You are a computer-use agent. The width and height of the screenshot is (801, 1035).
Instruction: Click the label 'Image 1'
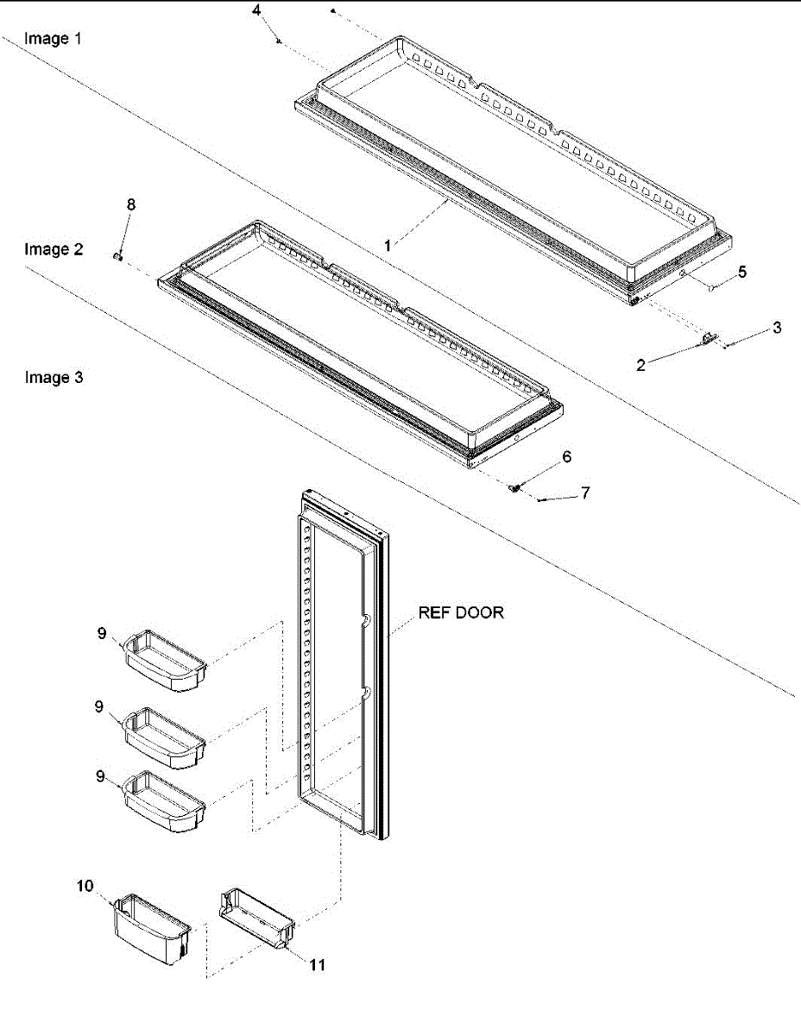tap(53, 39)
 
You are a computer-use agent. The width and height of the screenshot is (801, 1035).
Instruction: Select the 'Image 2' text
tap(54, 249)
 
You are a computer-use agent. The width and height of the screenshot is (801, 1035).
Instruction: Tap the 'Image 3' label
tap(54, 377)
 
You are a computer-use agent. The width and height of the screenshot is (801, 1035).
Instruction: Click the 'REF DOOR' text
tap(461, 613)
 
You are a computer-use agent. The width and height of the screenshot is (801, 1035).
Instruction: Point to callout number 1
tap(388, 246)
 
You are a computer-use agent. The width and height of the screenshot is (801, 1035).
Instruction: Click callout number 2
tap(640, 365)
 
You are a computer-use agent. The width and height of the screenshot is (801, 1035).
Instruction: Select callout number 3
tap(777, 328)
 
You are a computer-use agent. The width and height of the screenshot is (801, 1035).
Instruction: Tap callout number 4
tap(255, 11)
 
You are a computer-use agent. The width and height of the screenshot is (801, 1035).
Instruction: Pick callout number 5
tap(742, 272)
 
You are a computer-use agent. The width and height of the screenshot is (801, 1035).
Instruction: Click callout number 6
tap(567, 457)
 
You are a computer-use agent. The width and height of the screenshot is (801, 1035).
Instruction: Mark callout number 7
tap(585, 493)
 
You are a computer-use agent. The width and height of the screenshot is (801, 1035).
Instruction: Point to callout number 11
tap(318, 965)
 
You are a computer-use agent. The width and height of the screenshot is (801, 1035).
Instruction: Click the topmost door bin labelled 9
tap(167, 662)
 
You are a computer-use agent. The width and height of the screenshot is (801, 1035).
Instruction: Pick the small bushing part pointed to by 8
tap(119, 255)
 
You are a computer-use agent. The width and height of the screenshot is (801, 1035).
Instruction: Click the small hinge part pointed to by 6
tap(515, 489)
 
